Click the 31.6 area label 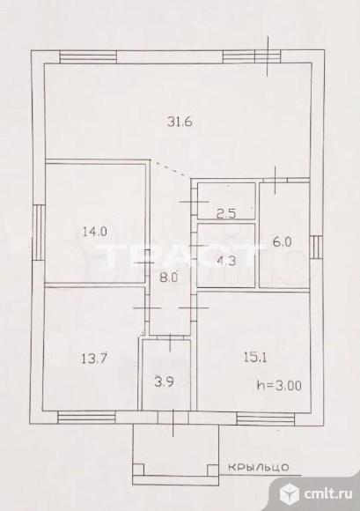[x=180, y=122]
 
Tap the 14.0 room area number [x=95, y=232]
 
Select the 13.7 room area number [x=94, y=359]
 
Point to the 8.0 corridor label [x=168, y=278]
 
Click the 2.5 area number [x=226, y=214]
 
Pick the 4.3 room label [x=226, y=261]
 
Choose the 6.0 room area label [x=283, y=242]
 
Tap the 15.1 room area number [x=255, y=358]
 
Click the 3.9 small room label [x=164, y=381]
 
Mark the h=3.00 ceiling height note [x=279, y=386]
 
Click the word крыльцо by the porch [x=258, y=467]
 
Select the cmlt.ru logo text [x=328, y=494]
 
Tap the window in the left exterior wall [x=38, y=233]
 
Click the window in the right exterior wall [x=316, y=247]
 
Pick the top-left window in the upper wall [x=88, y=56]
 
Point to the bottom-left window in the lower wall [x=86, y=418]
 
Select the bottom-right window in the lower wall [x=265, y=418]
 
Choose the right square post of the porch [x=213, y=470]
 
